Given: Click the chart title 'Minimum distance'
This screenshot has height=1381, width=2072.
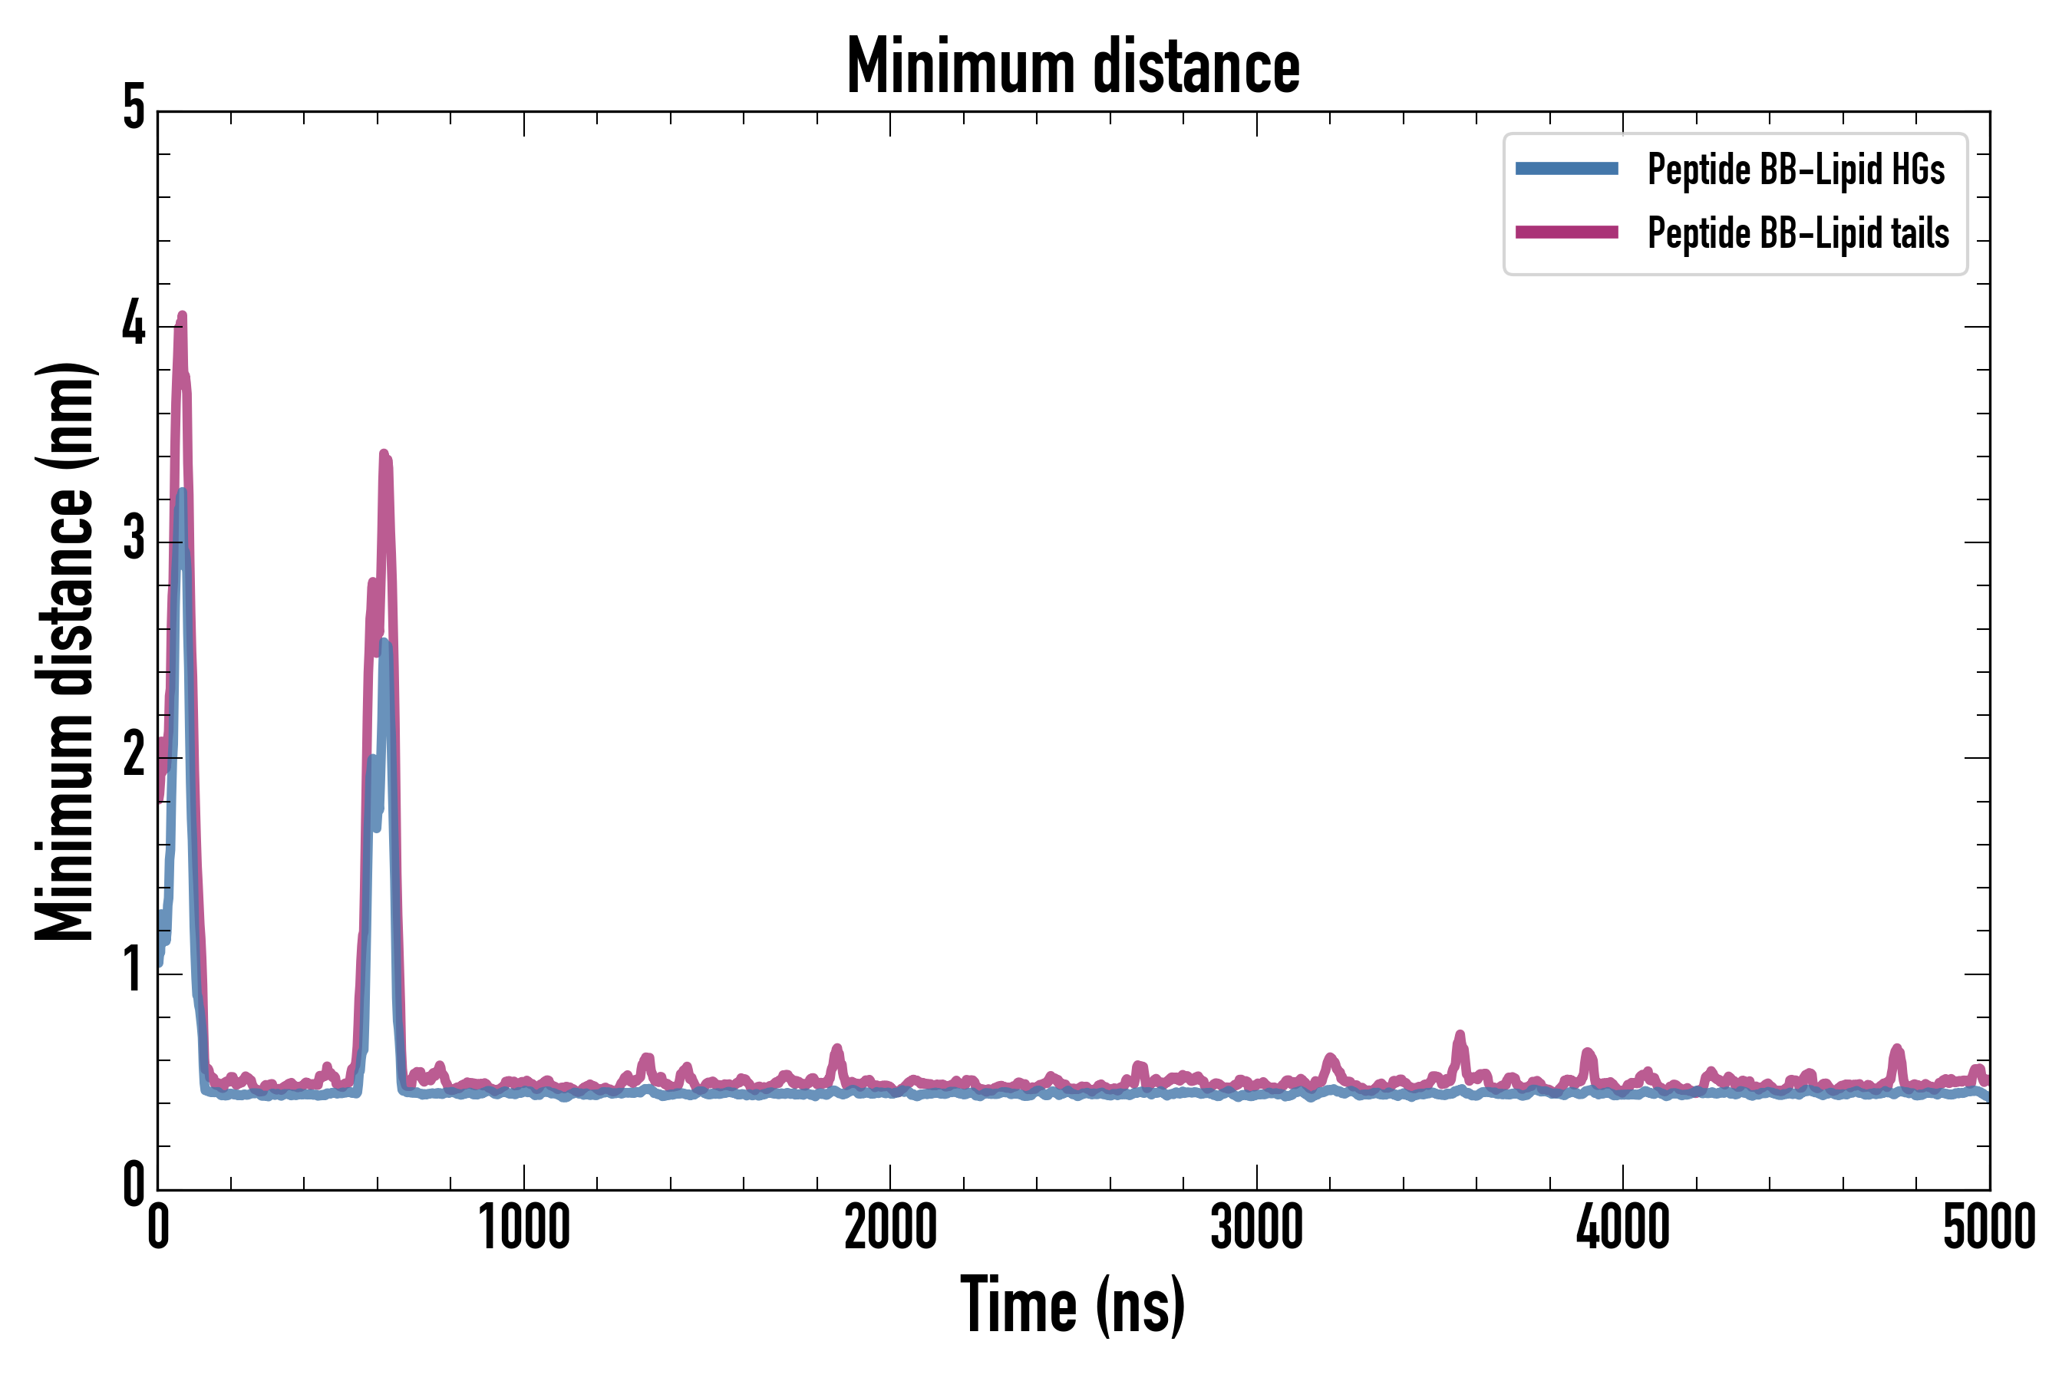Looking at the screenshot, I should [1072, 67].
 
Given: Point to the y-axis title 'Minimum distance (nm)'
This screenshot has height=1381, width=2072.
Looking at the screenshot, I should [64, 651].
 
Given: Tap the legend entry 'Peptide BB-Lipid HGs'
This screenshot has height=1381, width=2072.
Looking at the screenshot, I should [1796, 169].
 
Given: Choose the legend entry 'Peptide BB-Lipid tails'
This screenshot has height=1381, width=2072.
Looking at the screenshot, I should [1798, 233].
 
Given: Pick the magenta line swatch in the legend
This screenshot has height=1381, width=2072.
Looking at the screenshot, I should [1566, 232].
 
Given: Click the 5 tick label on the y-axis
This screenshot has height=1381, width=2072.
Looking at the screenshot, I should [134, 109].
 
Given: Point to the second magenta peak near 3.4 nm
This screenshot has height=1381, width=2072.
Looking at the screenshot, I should [383, 454].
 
